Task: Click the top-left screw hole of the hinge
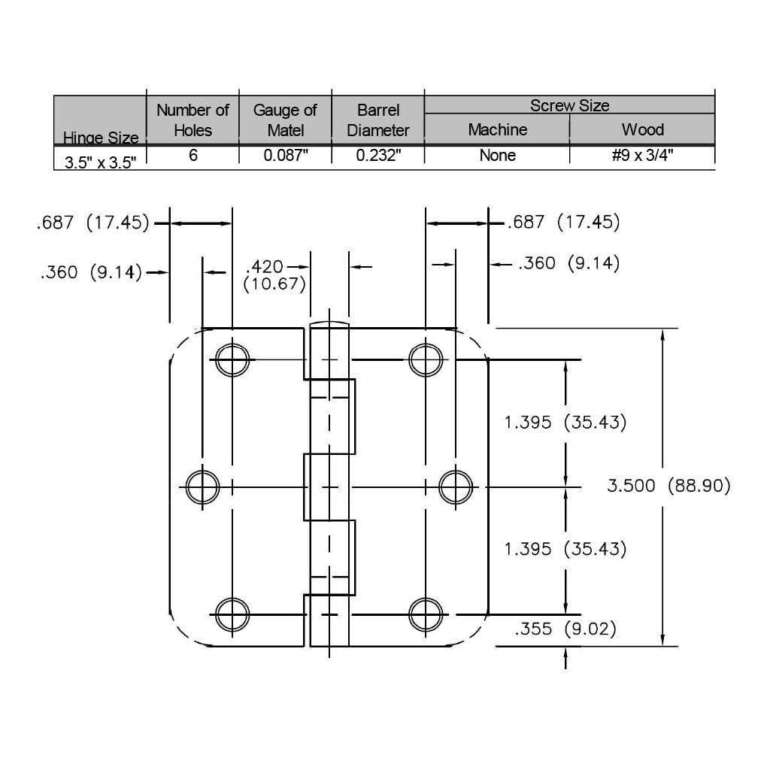[232, 359]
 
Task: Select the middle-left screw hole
[202, 487]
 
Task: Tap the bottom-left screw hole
[232, 614]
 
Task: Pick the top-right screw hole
[426, 359]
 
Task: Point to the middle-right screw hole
[456, 487]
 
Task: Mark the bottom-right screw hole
[426, 614]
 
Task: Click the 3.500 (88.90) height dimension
[668, 486]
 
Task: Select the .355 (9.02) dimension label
[565, 629]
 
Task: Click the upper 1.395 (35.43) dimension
[565, 422]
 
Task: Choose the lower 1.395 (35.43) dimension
[565, 549]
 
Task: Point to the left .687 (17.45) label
[93, 223]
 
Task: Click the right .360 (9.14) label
[568, 263]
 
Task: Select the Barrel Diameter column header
[378, 120]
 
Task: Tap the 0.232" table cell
[378, 156]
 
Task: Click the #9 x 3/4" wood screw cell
[642, 156]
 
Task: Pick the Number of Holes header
[192, 120]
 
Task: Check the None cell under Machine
[497, 156]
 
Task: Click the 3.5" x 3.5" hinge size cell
[100, 161]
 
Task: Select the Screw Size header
[569, 105]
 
